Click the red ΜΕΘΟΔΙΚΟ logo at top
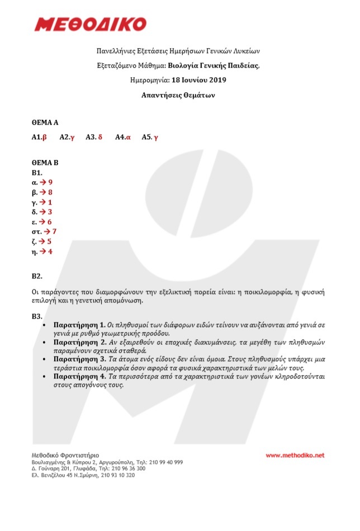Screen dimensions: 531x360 [91, 24]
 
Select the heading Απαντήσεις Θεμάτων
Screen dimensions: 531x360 [179, 96]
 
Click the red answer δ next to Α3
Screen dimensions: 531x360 [100, 137]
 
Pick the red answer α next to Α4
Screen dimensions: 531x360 [128, 137]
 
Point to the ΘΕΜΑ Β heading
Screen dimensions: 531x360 [45, 163]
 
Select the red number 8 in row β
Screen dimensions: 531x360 [50, 192]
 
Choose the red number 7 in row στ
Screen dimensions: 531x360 [54, 231]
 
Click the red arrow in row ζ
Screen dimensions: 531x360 [42, 241]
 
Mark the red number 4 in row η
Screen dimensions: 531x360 [50, 252]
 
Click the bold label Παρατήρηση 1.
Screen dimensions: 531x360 [79, 324]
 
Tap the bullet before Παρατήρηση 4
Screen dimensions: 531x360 [45, 377]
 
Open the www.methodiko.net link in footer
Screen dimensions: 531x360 [295, 456]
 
